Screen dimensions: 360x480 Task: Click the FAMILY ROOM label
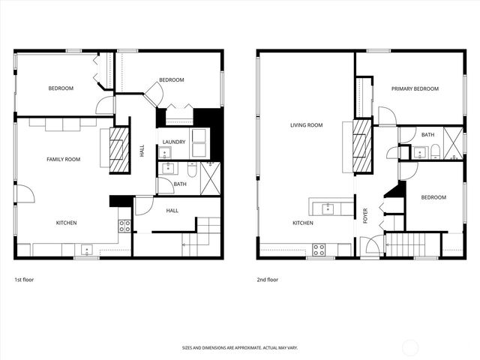coord(63,159)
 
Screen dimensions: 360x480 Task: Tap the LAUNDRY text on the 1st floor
coord(174,141)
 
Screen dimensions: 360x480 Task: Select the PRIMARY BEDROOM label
coord(415,88)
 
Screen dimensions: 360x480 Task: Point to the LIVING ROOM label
coord(306,125)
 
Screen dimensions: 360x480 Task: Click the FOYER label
coord(365,215)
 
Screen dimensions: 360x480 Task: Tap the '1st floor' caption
coord(24,280)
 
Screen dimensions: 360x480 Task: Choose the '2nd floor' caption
coord(268,280)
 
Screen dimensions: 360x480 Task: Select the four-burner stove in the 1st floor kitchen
coord(124,224)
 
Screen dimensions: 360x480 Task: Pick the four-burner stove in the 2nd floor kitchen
coord(319,250)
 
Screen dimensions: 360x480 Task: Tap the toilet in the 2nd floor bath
coord(435,153)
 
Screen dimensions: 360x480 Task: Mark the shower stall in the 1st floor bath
coord(211,177)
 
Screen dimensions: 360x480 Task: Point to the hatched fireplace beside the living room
coord(362,144)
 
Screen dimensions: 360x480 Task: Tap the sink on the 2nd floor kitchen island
coord(327,207)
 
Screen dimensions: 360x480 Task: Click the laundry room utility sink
coord(166,169)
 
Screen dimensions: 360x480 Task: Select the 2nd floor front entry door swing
coord(367,247)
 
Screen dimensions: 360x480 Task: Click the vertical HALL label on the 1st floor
coord(142,151)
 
